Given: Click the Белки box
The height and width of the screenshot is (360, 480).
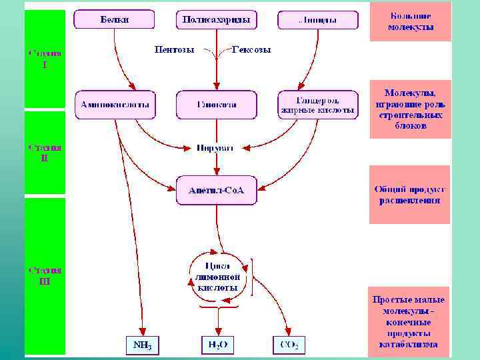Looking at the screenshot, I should click(115, 20).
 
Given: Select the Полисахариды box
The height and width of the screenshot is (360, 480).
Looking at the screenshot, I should click(217, 20).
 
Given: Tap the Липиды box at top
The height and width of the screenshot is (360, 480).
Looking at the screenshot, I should click(317, 20).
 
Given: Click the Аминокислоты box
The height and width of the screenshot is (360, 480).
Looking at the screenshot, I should click(115, 105).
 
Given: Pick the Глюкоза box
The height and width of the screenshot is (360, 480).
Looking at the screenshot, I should click(216, 105).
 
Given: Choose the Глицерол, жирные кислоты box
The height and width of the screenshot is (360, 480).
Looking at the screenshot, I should click(317, 105).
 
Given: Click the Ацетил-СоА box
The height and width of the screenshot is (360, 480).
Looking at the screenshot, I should click(216, 190).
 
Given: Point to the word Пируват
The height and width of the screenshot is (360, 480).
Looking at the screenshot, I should click(215, 147).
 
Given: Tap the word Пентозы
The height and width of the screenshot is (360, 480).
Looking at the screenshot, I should click(175, 49).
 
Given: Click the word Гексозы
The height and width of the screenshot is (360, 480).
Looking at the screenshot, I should click(251, 49).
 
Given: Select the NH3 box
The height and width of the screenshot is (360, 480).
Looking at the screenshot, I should click(143, 345).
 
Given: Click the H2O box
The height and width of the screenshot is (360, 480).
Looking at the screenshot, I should click(217, 345).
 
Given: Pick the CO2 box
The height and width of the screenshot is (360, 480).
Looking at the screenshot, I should click(289, 345).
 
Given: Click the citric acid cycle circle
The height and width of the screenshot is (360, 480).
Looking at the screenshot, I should click(217, 277).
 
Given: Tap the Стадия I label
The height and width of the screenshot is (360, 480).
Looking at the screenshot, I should click(45, 59).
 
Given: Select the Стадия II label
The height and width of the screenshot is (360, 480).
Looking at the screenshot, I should click(45, 153).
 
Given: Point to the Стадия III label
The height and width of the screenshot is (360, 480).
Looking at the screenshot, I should click(45, 275).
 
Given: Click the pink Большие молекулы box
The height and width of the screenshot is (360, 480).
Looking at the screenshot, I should click(411, 22).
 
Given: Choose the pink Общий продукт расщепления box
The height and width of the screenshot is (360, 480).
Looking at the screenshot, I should click(410, 195).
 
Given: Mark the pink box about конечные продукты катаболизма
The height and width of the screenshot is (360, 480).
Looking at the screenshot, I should click(409, 322).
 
